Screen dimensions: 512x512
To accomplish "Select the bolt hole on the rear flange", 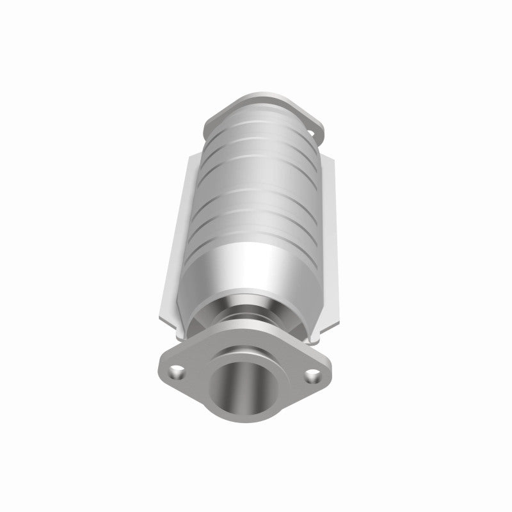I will click(x=314, y=133).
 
